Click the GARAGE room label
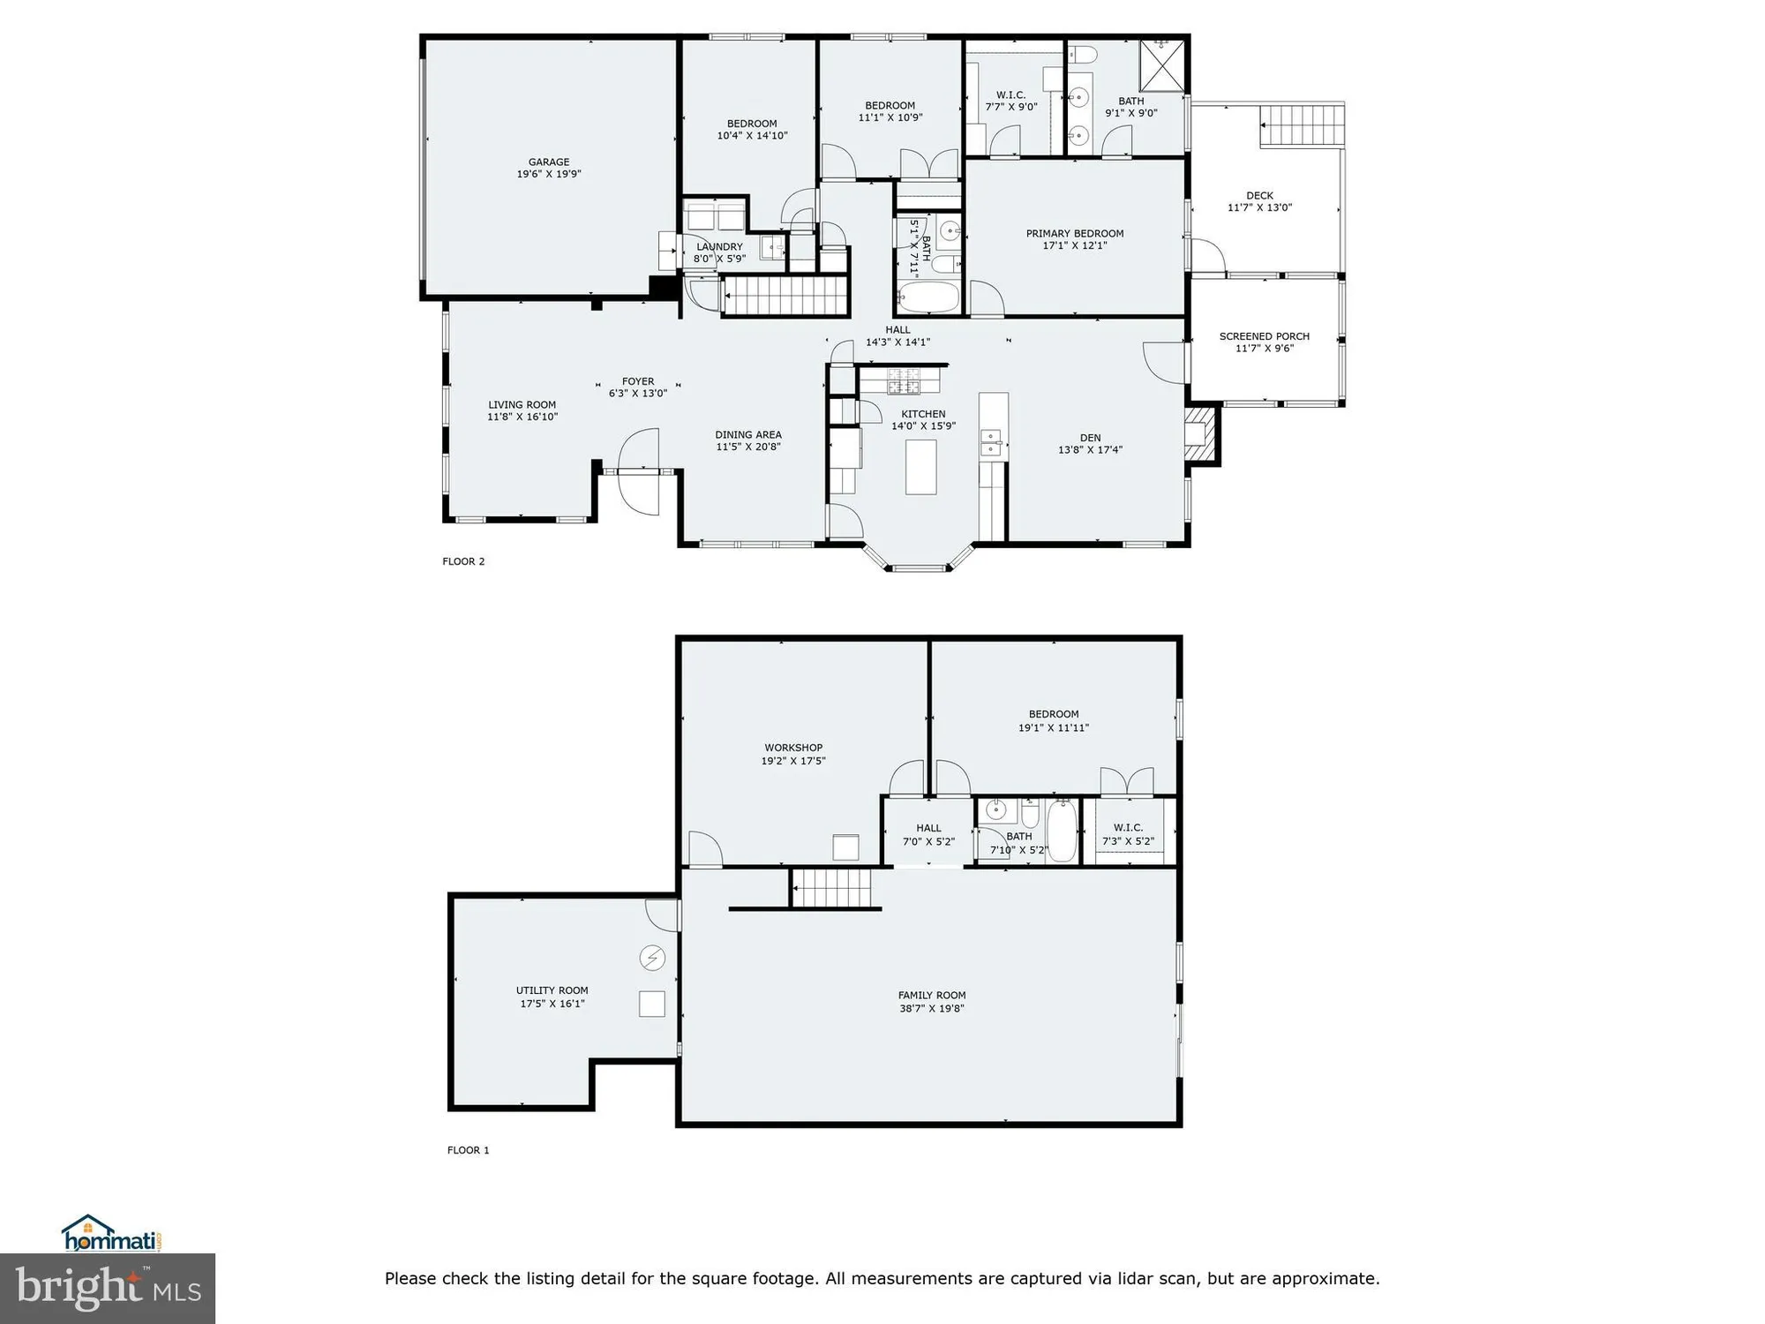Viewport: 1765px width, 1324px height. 548,162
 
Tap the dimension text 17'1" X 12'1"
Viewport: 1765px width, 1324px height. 1074,246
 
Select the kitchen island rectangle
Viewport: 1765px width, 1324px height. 920,466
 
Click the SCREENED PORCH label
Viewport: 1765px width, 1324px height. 1264,336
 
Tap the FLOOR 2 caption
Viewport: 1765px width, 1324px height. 463,561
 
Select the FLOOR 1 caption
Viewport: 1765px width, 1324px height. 468,1150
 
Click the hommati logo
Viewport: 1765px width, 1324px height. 111,1235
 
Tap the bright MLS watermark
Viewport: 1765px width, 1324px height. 107,1289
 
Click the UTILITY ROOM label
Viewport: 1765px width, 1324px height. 552,990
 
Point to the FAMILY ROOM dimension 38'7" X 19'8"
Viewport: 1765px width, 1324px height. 931,1008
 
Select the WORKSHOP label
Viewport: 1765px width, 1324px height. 793,748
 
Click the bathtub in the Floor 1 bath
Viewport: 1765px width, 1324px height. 1062,831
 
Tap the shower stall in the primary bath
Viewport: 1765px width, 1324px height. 1162,65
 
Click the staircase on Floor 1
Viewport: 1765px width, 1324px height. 831,888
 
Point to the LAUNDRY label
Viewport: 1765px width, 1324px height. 719,247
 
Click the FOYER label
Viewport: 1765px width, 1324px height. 637,381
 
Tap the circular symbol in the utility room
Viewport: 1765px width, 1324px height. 652,958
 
